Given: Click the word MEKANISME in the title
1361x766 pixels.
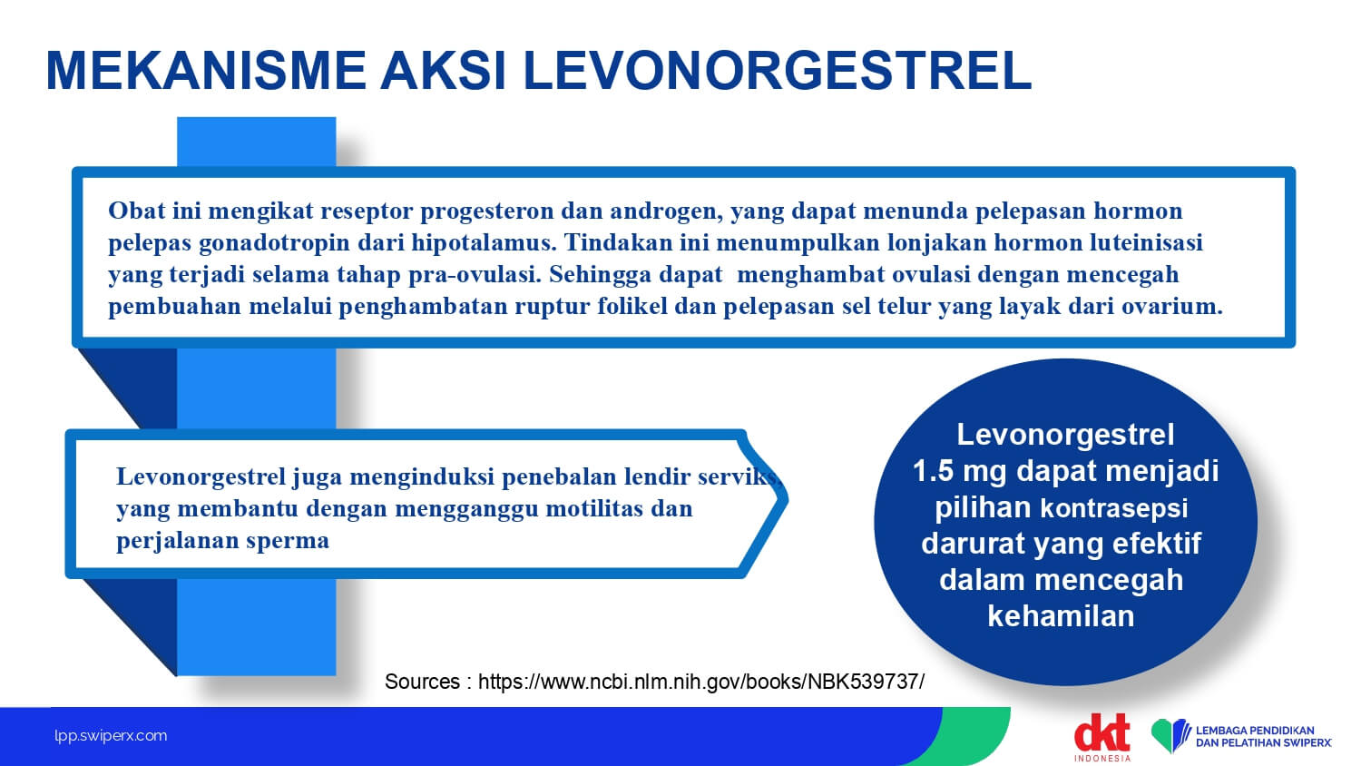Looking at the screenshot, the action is [206, 71].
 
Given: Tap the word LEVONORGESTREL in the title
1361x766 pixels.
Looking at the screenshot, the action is [777, 71].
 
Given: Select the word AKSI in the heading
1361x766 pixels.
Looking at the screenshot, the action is [444, 71].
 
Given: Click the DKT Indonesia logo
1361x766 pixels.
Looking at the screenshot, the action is [1102, 737].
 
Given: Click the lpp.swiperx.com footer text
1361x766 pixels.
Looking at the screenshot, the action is [111, 736].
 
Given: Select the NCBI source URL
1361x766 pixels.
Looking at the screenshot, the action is [701, 682].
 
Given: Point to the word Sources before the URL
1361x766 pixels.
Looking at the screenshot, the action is [422, 682].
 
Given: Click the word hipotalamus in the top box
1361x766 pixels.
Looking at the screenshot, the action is [484, 242].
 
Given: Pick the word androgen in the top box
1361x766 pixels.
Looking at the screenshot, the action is [667, 211].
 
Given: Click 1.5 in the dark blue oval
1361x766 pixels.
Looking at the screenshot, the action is [933, 471].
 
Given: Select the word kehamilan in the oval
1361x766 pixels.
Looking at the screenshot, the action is [1061, 616].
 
